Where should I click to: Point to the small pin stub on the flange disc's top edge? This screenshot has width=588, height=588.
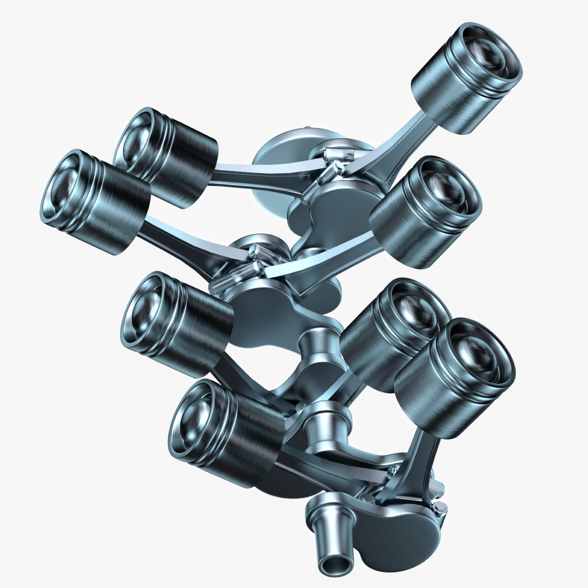point(308,129)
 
